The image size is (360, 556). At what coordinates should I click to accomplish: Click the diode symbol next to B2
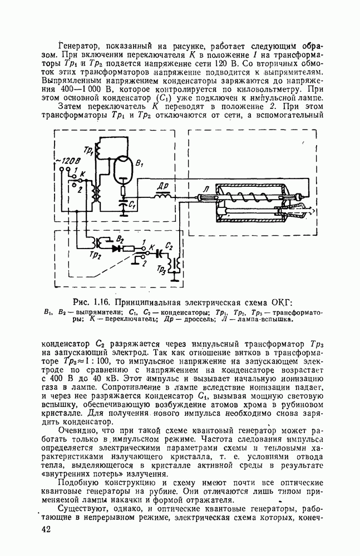tap(116, 247)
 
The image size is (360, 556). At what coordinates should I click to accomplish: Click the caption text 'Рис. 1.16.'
tap(92, 302)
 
